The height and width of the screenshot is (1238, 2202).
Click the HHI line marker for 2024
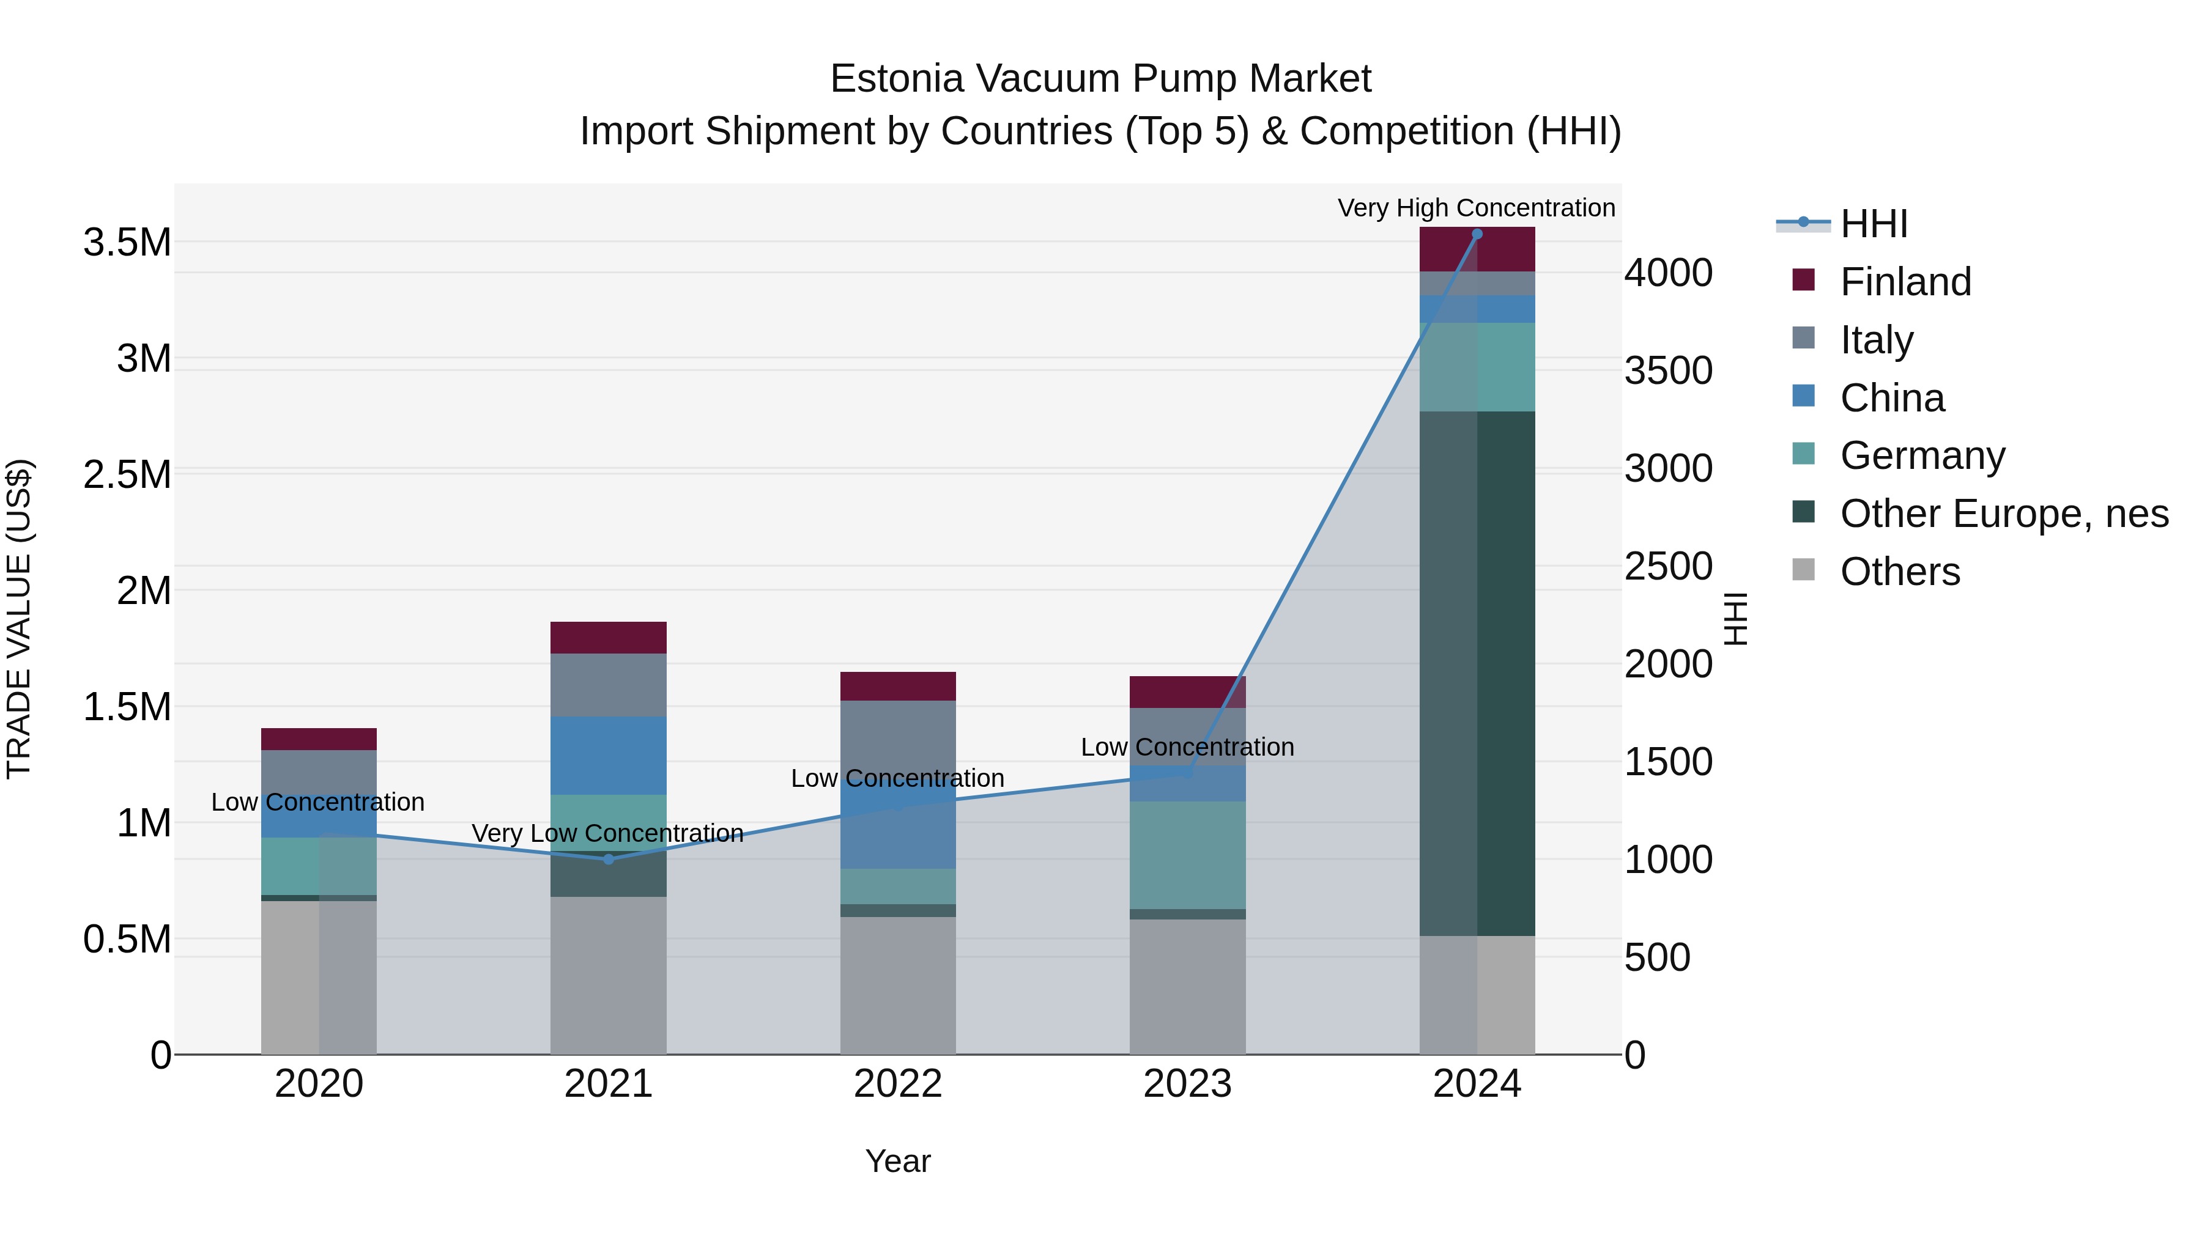[1477, 234]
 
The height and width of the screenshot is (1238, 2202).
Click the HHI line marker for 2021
[609, 860]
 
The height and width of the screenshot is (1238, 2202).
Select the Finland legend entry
[1905, 282]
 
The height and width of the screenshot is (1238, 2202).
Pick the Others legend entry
[1899, 572]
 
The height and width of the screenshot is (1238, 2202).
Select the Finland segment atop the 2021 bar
[609, 638]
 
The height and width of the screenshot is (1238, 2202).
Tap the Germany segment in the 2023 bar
[1187, 855]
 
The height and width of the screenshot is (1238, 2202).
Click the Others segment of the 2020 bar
[319, 978]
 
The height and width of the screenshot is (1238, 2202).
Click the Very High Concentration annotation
[1477, 208]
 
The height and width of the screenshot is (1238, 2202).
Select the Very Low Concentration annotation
[608, 833]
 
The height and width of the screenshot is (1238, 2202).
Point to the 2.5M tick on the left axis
[127, 475]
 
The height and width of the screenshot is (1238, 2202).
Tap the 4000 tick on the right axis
[1668, 273]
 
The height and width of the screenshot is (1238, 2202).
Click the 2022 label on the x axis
[897, 1084]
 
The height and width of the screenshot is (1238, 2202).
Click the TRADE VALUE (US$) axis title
[20, 619]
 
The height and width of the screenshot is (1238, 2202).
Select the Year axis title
[897, 1161]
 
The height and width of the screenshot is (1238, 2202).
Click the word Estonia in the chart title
[897, 79]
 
